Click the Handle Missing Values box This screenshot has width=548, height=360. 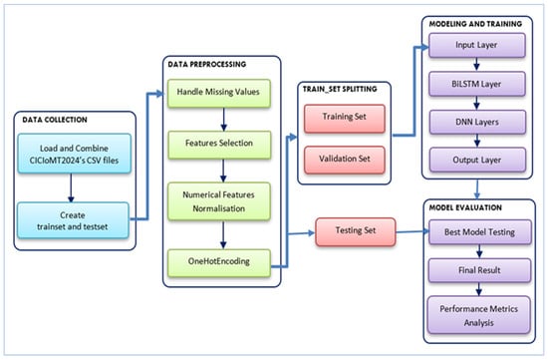coord(219,93)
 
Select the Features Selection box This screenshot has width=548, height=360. coord(219,145)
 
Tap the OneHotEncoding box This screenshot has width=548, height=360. coord(219,263)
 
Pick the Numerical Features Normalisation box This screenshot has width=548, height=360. coord(219,201)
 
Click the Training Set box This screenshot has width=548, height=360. coord(345,119)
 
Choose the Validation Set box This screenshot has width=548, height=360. coord(345,160)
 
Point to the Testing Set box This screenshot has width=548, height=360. coord(356,232)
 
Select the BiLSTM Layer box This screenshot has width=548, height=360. coord(477,84)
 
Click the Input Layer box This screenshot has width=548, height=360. coord(477,45)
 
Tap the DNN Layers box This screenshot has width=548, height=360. coord(477,122)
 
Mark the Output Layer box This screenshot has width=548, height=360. coord(477,160)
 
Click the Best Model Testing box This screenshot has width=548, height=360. coord(480,232)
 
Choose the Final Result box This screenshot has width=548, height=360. coord(479,270)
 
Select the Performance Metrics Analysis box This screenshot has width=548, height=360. coord(479,315)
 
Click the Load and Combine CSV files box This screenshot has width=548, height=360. coord(75,154)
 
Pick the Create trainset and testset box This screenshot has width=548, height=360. coord(73,220)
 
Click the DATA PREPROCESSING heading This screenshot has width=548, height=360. coord(207,65)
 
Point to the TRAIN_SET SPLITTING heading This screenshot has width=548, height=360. coord(340,89)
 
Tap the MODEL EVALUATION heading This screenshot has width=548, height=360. coord(465,207)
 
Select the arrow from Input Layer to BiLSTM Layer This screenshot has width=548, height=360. coord(476,65)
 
